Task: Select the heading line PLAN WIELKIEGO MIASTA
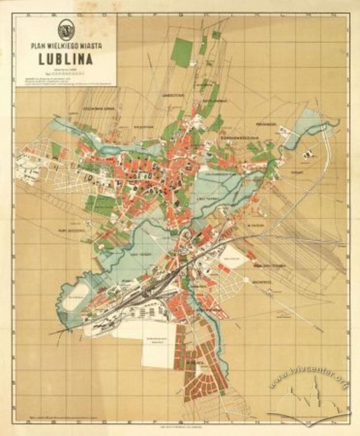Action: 65,46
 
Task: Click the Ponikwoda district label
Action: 267,125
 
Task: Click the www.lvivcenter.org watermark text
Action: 309,379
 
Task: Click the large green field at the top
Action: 182,51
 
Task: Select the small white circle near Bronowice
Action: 245,280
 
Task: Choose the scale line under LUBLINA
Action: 65,73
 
